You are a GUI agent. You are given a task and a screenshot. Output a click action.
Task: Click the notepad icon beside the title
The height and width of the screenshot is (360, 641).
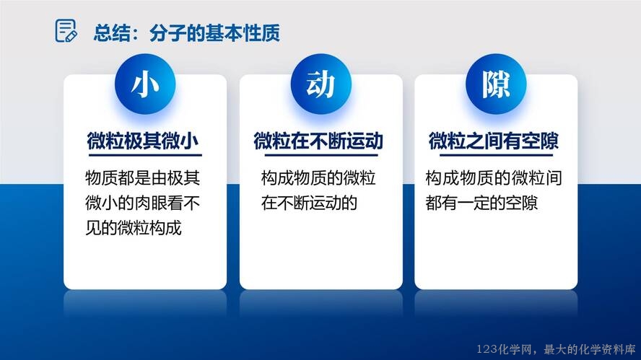pyautogui.click(x=66, y=30)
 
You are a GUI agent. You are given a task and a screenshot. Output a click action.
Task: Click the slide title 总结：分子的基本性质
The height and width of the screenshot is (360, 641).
pyautogui.click(x=186, y=33)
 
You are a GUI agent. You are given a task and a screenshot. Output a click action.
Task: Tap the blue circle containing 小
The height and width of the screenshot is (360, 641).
pyautogui.click(x=145, y=84)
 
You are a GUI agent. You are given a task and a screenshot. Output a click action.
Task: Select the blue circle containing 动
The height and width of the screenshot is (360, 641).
pyautogui.click(x=321, y=84)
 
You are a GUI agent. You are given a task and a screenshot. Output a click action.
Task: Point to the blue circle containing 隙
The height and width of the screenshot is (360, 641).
pyautogui.click(x=496, y=84)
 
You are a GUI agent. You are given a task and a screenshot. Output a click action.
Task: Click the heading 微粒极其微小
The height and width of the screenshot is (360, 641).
pyautogui.click(x=143, y=141)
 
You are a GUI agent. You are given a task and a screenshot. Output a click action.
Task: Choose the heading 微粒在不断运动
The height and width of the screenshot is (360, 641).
pyautogui.click(x=318, y=141)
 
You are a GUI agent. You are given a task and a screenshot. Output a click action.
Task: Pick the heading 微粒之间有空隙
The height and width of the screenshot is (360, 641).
pyautogui.click(x=494, y=141)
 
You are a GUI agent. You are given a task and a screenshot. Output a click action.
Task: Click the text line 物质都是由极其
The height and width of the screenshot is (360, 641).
pyautogui.click(x=143, y=177)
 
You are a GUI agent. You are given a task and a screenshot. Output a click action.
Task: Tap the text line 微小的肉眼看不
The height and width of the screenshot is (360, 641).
pyautogui.click(x=143, y=203)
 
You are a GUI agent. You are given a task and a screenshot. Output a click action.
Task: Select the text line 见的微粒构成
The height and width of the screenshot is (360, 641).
pyautogui.click(x=134, y=227)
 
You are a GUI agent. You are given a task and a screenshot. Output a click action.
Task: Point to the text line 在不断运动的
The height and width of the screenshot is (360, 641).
pyautogui.click(x=309, y=203)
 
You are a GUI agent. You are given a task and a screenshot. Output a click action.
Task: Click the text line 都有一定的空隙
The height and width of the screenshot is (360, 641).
pyautogui.click(x=481, y=203)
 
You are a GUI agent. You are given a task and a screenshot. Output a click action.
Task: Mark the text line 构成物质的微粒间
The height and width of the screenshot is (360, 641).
pyautogui.click(x=494, y=177)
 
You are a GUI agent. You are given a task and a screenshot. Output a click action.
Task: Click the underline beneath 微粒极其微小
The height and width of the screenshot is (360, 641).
pyautogui.click(x=145, y=155)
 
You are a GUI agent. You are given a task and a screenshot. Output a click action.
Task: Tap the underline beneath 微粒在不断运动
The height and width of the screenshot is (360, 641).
pyautogui.click(x=321, y=155)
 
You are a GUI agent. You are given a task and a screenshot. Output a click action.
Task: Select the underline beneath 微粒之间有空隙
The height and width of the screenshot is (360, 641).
pyautogui.click(x=496, y=155)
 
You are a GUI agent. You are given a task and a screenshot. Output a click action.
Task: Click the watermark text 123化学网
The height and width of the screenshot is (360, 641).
pyautogui.click(x=504, y=349)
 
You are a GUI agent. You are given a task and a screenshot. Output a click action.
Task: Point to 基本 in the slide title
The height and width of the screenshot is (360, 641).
pyautogui.click(x=224, y=33)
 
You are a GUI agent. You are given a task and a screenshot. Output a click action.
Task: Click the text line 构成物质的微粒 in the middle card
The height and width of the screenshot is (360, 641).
pyautogui.click(x=318, y=177)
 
